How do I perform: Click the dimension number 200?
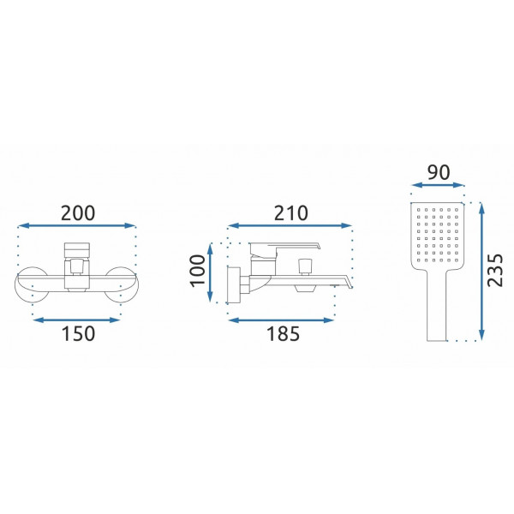pos(78,213)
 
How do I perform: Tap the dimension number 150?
pos(78,334)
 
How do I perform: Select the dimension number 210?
pos(290,213)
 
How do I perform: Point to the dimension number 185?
pos(283,334)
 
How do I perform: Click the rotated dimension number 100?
pos(198,271)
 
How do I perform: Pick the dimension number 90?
pos(439,172)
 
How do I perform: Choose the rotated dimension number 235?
pos(494,271)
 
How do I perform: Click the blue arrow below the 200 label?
pos(77,225)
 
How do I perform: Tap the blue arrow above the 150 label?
pos(77,320)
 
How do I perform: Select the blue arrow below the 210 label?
pos(290,225)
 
